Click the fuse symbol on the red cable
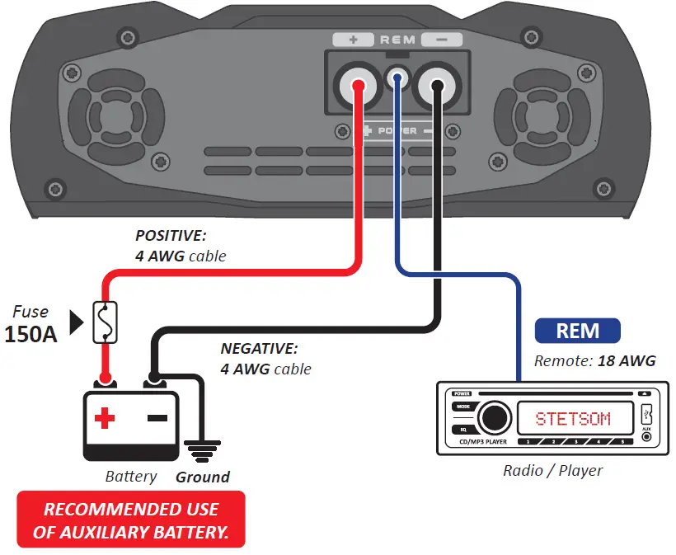pos(105,322)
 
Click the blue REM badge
pos(578,331)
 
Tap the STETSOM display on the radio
pos(572,419)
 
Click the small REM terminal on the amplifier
pos(397,79)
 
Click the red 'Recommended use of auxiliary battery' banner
pos(131,520)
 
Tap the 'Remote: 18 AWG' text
pos(594,360)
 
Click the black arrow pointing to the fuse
pos(77,323)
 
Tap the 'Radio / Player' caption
pos(552,471)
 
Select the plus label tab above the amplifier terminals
pos(353,40)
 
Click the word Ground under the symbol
pos(203,477)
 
